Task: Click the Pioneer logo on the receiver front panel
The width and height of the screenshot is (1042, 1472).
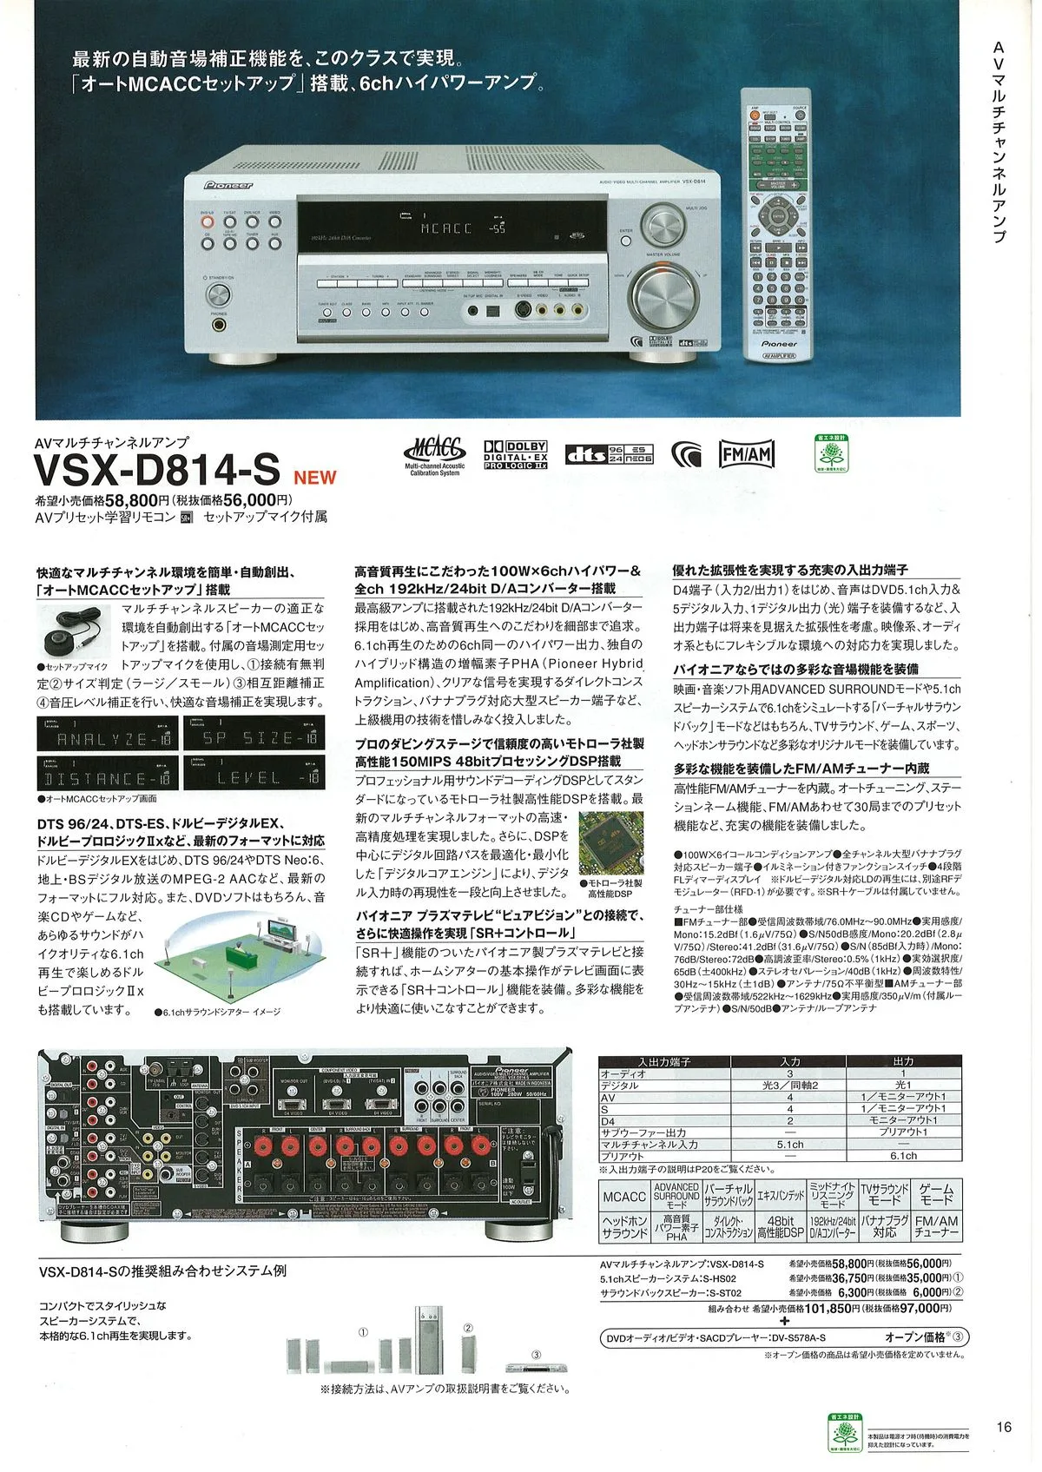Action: coord(228,185)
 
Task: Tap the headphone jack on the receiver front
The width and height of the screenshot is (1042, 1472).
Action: coord(219,326)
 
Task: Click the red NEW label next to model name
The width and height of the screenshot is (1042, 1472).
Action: coord(314,477)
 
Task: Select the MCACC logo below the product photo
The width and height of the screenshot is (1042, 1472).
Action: coord(434,455)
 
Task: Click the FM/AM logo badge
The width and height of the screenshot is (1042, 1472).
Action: coord(746,453)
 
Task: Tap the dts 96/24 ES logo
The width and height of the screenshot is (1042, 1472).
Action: coord(609,453)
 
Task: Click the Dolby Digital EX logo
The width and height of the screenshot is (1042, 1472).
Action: coord(516,454)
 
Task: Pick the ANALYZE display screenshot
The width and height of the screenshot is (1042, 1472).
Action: coord(108,736)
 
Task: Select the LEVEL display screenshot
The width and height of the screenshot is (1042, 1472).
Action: coord(254,774)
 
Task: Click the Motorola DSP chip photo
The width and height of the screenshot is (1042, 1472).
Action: coord(611,843)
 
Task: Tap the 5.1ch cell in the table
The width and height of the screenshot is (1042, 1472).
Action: coord(789,1144)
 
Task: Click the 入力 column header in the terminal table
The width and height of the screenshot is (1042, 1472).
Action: coord(789,1061)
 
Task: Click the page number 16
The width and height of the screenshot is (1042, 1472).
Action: coord(1004,1427)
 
